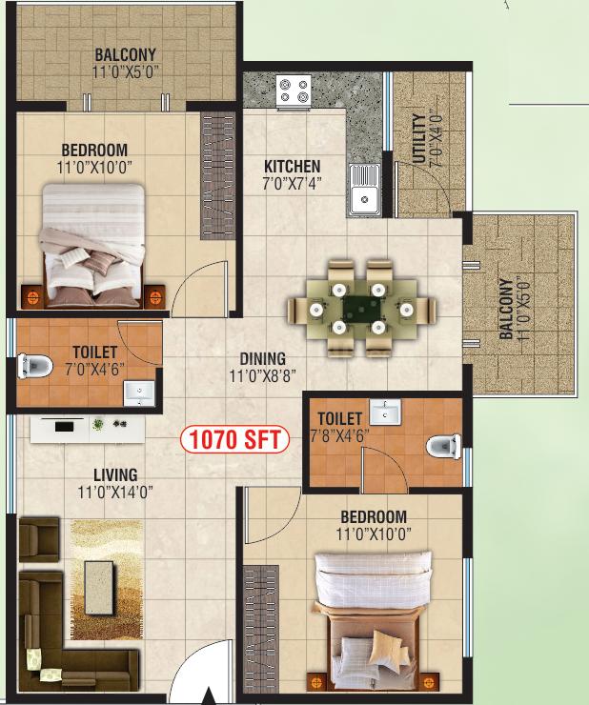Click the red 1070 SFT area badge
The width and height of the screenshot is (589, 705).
point(234,439)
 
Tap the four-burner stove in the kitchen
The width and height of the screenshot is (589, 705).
point(294,91)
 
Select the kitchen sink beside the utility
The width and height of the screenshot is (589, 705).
point(365,190)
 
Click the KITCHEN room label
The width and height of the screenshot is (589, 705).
point(292,167)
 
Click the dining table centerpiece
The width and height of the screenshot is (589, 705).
point(362,309)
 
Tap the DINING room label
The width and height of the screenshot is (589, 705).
point(263,359)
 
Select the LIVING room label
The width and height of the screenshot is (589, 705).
point(115,475)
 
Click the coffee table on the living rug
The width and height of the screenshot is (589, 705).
point(99,587)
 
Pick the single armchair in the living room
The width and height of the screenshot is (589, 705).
point(39,539)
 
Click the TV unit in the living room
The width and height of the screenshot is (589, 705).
point(88,430)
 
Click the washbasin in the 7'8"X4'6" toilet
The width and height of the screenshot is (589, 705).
point(385,413)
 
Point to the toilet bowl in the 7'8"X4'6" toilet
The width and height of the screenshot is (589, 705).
point(444,447)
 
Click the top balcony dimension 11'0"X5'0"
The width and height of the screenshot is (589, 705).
point(126,72)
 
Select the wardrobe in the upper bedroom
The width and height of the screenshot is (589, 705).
point(218,176)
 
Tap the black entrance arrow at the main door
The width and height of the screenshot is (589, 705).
point(209,696)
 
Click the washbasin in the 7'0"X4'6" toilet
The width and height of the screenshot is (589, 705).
point(139,393)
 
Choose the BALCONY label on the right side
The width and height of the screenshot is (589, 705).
point(506,309)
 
